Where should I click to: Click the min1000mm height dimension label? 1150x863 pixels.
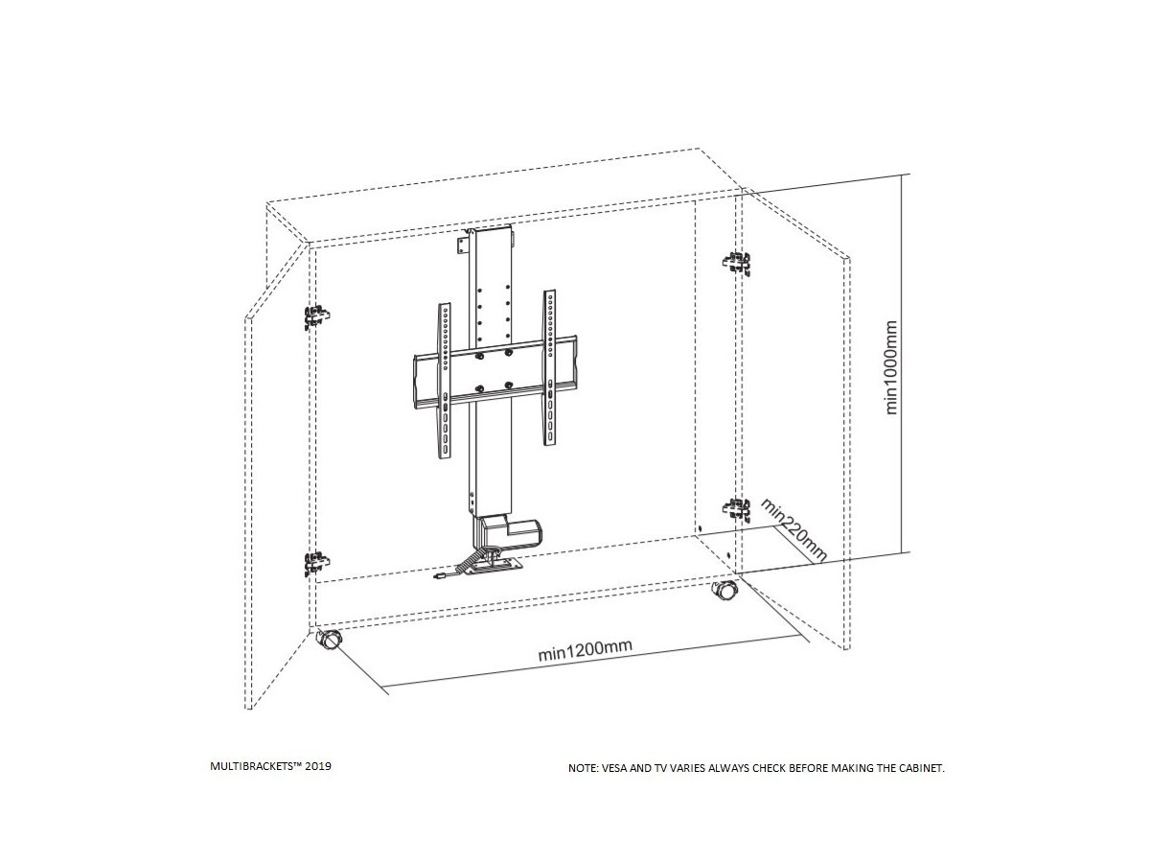(891, 367)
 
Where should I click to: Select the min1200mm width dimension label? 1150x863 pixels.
(585, 650)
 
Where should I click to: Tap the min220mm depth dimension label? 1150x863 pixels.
(793, 528)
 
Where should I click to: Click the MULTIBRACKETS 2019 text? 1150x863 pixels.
(271, 767)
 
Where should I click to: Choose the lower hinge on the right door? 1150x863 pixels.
(735, 509)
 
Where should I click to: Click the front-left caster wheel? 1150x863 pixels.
(329, 640)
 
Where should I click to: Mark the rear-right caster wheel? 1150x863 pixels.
(724, 592)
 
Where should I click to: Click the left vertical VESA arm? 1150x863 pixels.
(445, 382)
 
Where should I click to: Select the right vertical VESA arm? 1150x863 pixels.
(550, 369)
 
